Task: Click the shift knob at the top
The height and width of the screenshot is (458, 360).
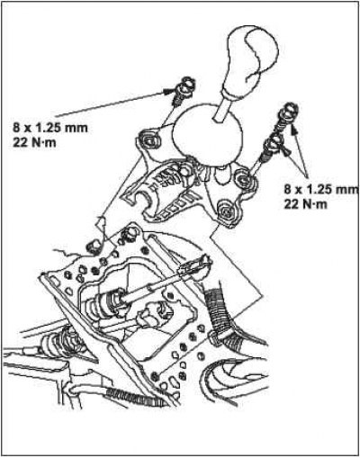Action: [251, 60]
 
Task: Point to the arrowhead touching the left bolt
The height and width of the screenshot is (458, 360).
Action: [167, 91]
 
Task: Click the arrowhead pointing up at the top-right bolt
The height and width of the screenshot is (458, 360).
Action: [295, 130]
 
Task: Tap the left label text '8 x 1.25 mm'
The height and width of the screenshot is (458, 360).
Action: [50, 128]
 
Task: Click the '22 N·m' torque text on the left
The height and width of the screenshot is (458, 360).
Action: [34, 142]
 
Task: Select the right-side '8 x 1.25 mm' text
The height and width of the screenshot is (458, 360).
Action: [321, 190]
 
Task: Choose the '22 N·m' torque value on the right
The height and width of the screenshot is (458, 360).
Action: [305, 204]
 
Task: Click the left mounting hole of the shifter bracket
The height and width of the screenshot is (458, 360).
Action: [148, 139]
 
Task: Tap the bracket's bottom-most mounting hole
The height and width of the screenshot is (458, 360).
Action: [226, 211]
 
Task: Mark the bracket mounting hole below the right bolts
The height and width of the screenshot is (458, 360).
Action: [242, 179]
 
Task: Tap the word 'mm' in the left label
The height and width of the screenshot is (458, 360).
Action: [77, 129]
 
